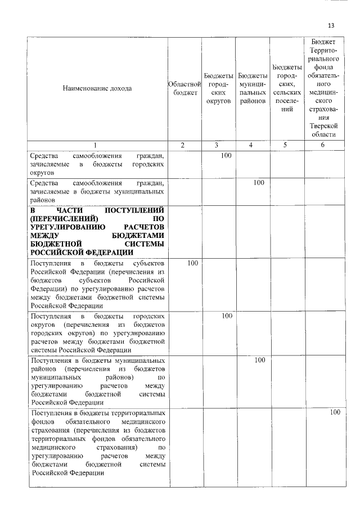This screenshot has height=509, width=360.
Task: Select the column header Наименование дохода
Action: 97,88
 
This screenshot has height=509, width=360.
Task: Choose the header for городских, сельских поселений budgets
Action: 287,88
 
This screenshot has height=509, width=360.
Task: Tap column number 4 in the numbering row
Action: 251,145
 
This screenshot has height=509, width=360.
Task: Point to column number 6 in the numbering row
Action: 322,145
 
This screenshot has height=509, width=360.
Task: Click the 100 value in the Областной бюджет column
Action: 192,263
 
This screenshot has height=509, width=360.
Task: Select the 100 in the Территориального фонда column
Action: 335,412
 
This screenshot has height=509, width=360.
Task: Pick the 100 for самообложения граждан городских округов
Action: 226,155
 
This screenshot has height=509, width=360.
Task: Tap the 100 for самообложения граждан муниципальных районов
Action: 259,182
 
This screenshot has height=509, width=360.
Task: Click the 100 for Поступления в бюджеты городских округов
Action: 226,316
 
